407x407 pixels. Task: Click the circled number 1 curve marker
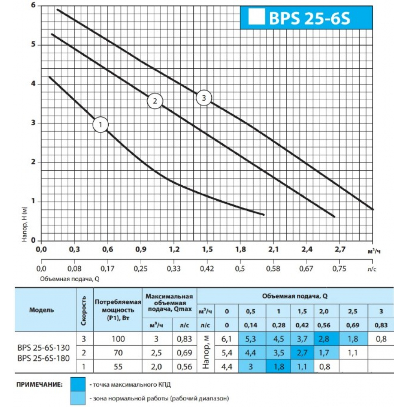click(101, 125)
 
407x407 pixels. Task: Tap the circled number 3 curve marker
click(204, 98)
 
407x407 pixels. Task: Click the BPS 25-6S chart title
click(307, 19)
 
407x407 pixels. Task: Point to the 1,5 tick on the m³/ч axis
click(207, 249)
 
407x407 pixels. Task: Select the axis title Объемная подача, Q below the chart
click(70, 279)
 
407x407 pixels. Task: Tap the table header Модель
click(41, 310)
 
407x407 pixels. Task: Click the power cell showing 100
click(117, 339)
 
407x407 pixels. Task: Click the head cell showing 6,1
click(227, 339)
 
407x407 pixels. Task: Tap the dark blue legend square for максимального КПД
click(77, 384)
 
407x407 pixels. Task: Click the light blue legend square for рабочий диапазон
click(77, 398)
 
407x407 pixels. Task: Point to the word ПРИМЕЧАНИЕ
click(40, 384)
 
